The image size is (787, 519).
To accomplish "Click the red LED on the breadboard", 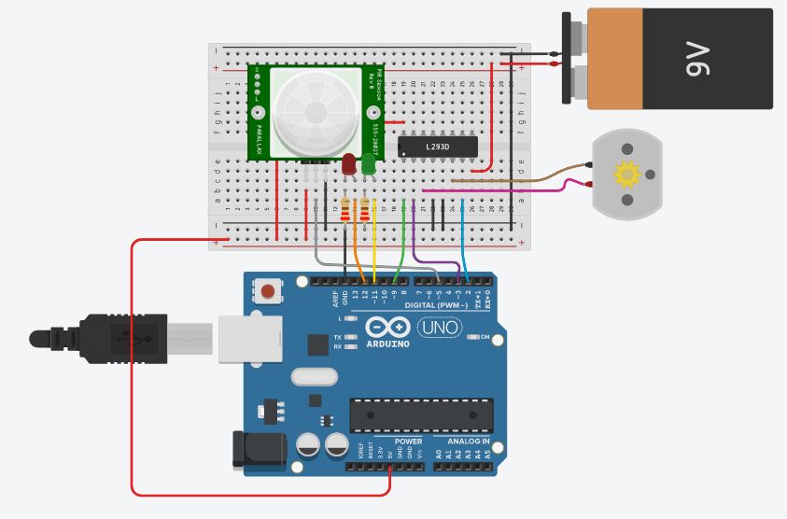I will point(348,164).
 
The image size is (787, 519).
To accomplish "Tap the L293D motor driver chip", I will point(438,147).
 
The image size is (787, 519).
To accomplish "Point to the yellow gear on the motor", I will point(626,174).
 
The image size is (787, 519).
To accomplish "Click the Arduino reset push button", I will point(269,291).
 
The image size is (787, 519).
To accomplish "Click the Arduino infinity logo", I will point(386,328).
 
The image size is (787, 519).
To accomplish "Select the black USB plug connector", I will point(121,337).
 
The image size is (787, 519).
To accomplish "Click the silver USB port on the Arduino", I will point(249,337).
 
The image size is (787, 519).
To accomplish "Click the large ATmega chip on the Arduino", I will point(421,415).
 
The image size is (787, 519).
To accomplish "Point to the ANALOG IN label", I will point(462,442).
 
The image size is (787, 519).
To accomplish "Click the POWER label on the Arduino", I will point(408,442).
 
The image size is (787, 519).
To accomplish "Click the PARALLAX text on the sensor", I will point(258,136).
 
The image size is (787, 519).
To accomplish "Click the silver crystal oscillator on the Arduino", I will point(313,377).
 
